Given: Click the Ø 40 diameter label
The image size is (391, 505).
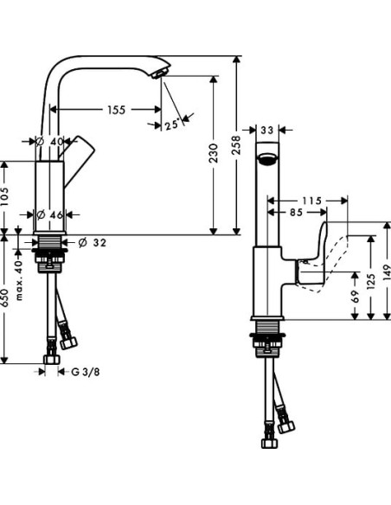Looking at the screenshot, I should [x=51, y=141].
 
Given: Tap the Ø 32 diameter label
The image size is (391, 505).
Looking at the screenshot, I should [x=93, y=243].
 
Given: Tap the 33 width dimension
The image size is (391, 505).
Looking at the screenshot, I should [x=267, y=131].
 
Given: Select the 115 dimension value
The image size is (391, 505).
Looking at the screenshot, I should [x=311, y=201].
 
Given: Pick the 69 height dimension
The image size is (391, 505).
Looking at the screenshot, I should [x=356, y=298].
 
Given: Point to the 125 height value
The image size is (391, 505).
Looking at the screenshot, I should [x=373, y=282].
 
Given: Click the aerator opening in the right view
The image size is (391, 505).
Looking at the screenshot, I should [x=267, y=159].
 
